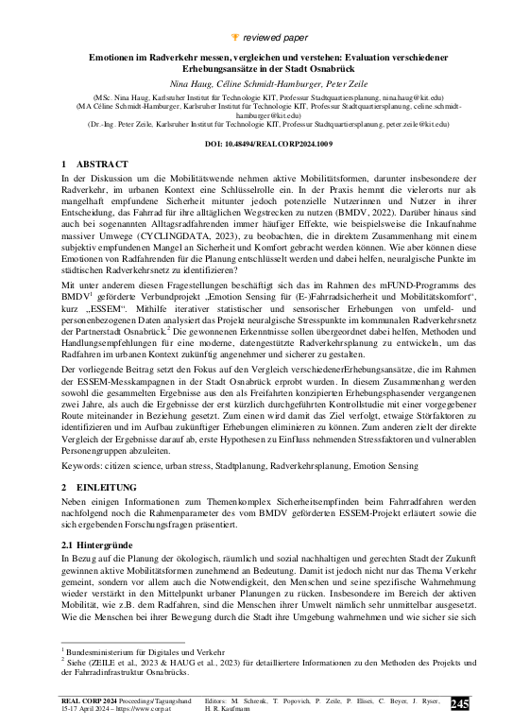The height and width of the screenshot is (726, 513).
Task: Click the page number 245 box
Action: (x=459, y=703)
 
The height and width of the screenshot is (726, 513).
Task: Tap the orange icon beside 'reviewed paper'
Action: (x=234, y=10)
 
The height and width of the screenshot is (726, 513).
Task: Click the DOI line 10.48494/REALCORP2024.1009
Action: (x=256, y=144)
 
